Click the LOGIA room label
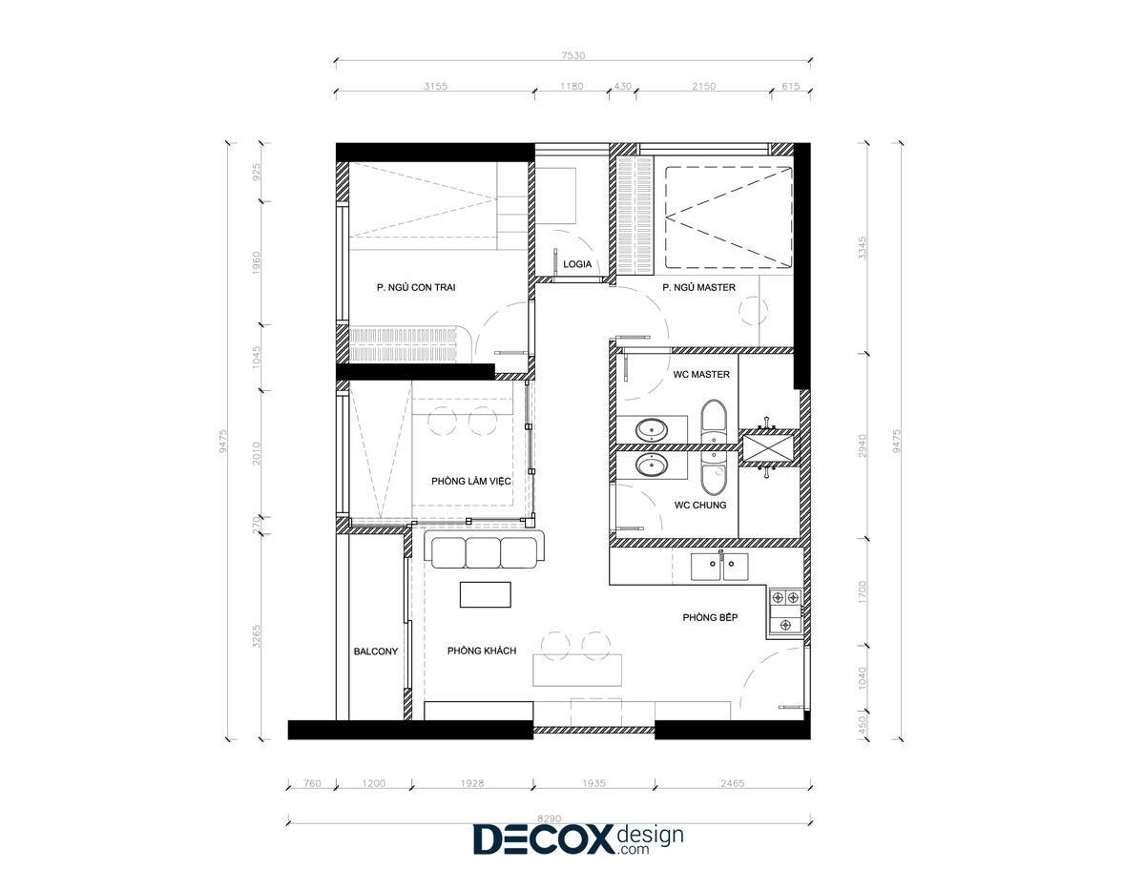[x=577, y=264]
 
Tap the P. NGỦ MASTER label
[x=699, y=287]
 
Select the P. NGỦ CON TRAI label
[x=416, y=287]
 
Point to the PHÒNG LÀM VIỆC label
[x=471, y=481]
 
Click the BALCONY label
[x=376, y=652]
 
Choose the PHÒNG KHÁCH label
[x=482, y=651]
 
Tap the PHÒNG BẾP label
[x=710, y=617]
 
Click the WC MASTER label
[x=701, y=374]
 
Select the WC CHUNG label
[x=700, y=505]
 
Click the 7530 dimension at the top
[x=573, y=55]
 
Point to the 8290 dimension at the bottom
[x=549, y=818]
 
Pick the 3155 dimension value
[x=435, y=87]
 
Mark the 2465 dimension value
[x=733, y=783]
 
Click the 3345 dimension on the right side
[x=863, y=248]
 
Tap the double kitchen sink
[x=719, y=567]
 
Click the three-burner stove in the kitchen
[x=786, y=613]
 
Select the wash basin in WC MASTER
[x=651, y=430]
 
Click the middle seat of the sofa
[x=483, y=553]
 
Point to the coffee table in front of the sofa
[x=485, y=595]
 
